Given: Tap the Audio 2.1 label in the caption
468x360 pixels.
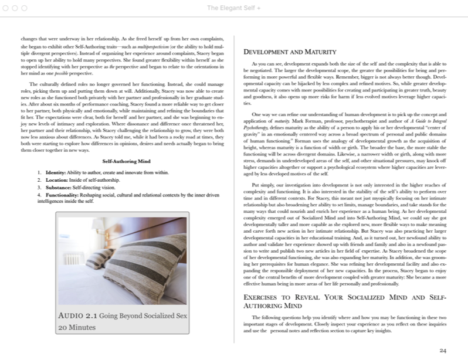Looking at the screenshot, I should (77, 316).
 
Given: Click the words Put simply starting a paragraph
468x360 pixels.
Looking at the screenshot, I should (260, 168).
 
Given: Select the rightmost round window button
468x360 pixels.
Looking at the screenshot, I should (24, 7).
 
